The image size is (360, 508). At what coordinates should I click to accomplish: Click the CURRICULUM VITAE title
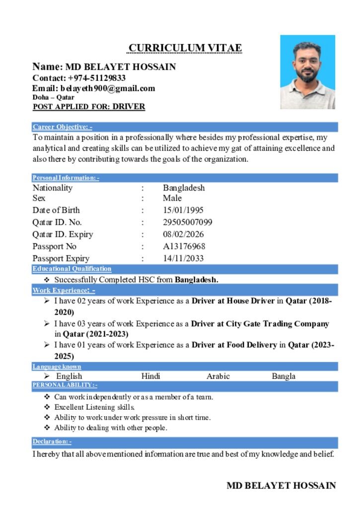click(x=185, y=48)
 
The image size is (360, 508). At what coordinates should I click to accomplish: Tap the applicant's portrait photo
click(x=307, y=72)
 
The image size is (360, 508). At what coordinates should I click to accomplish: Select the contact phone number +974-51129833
click(x=97, y=78)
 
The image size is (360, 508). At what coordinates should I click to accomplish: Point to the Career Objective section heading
click(x=62, y=127)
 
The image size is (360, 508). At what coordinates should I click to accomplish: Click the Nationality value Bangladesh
click(x=184, y=188)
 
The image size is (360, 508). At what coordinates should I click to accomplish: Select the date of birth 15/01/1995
click(x=183, y=210)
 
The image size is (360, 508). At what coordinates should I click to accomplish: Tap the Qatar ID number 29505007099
click(x=188, y=222)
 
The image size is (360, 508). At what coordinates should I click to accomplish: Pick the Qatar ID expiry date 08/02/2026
click(x=183, y=234)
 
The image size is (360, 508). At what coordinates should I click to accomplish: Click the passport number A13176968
click(x=184, y=246)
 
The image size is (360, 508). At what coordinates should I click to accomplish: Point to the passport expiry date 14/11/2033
click(x=183, y=258)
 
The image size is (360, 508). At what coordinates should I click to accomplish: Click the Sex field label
click(x=39, y=198)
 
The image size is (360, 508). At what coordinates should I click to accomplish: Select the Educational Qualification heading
click(x=72, y=269)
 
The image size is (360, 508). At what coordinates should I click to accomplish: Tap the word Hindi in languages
click(x=150, y=376)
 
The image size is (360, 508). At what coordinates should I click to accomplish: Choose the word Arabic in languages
click(x=218, y=376)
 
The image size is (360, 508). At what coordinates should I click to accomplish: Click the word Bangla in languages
click(x=284, y=376)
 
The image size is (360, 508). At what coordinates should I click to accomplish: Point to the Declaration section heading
click(x=52, y=442)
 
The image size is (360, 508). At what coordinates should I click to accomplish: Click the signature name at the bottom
click(x=281, y=486)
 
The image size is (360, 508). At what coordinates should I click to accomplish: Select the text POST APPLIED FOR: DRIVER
click(x=89, y=107)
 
